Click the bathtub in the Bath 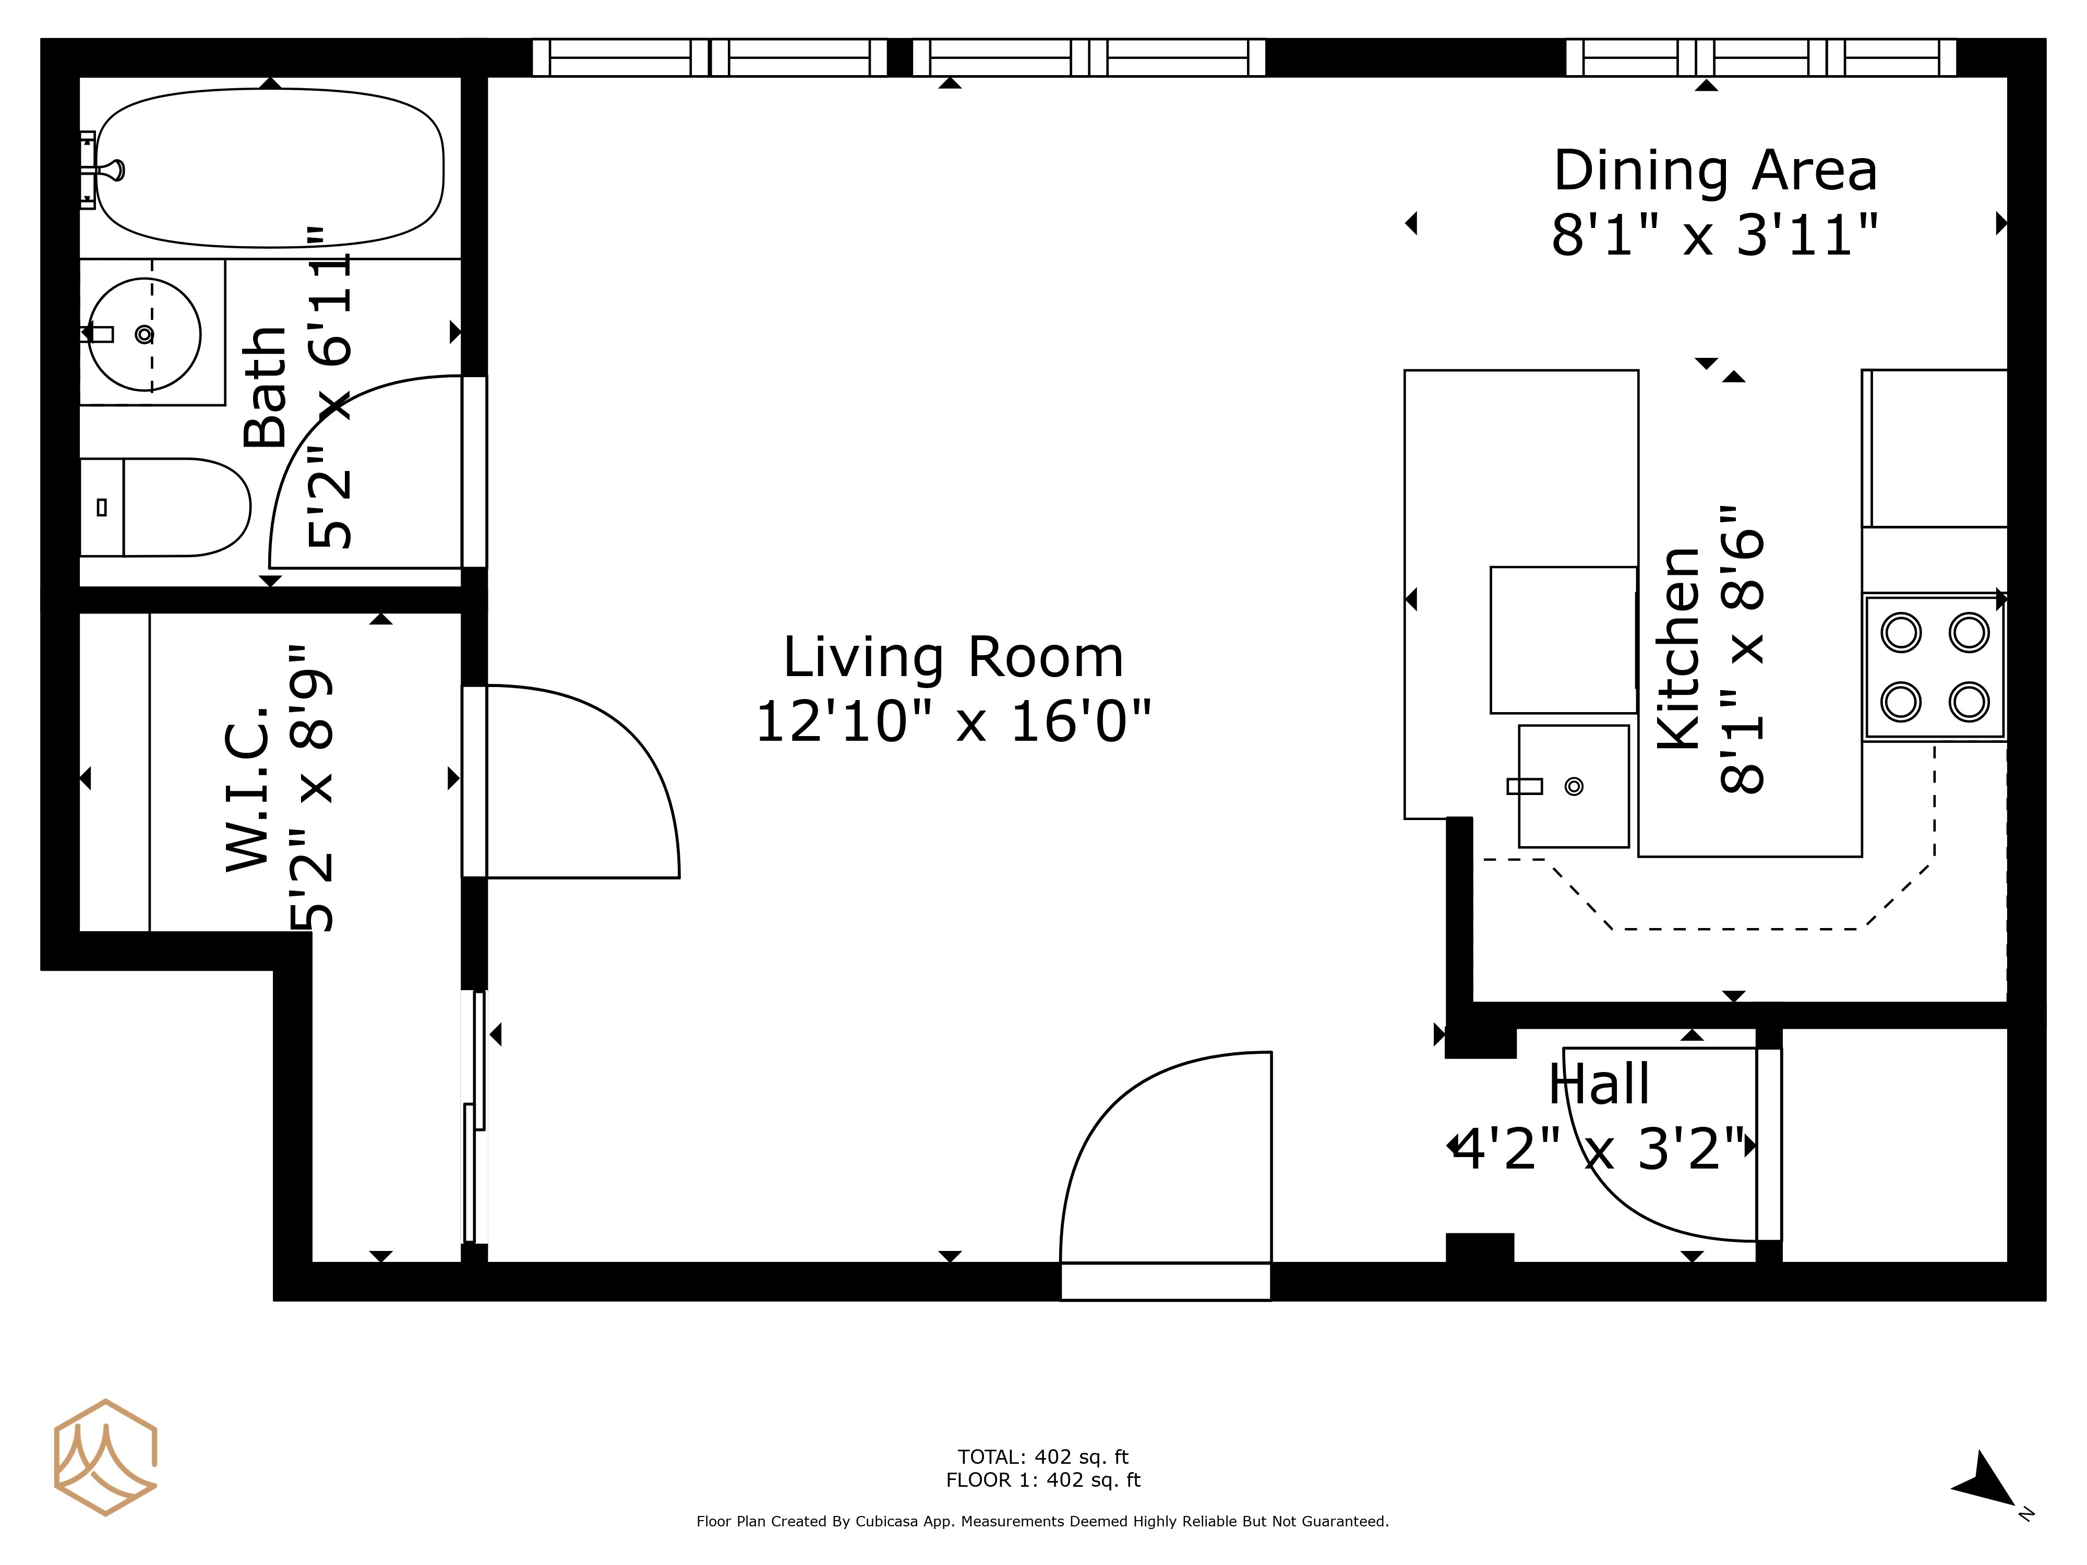(x=270, y=168)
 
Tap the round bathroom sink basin (x=145, y=334)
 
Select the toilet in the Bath (x=165, y=508)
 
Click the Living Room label (x=953, y=657)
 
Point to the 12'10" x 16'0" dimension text (x=953, y=721)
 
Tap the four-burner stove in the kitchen (x=1934, y=667)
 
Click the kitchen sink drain (x=1574, y=786)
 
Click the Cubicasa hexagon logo (x=105, y=1458)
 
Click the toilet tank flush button (x=102, y=508)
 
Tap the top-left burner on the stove (x=1901, y=632)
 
